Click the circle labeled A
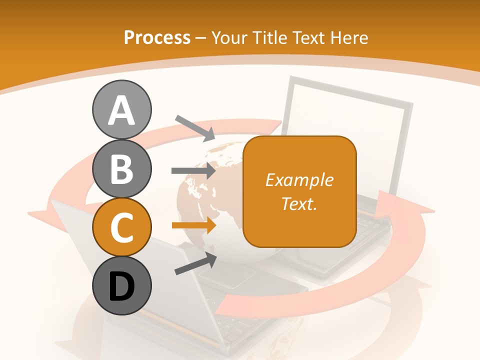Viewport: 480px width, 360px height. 121,109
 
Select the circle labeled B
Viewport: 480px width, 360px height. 121,168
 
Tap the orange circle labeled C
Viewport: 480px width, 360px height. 121,227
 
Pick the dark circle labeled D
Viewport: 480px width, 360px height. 121,286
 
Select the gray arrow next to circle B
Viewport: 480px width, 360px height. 194,171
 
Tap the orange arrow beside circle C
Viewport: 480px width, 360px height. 194,225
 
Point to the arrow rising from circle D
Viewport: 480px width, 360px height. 195,263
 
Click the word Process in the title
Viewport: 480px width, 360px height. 157,37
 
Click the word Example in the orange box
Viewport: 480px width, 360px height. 299,180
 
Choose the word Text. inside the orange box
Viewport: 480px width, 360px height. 299,203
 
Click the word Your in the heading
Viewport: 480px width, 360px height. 229,37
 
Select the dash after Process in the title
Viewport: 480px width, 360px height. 201,38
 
